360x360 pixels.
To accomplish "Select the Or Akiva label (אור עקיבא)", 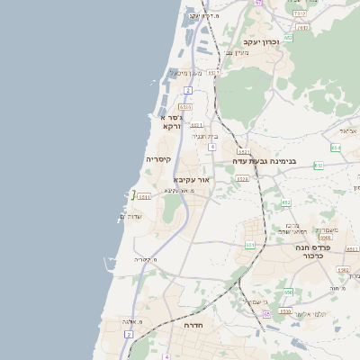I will tap(190, 180).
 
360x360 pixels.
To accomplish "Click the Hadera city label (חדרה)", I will tap(193, 325).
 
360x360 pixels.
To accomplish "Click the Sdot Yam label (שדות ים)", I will tap(131, 217).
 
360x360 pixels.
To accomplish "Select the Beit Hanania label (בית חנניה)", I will tap(200, 136).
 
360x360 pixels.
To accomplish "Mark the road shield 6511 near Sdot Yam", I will tap(143, 195).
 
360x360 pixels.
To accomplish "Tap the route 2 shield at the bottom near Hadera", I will tap(130, 334).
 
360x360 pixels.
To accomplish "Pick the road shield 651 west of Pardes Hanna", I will tap(249, 245).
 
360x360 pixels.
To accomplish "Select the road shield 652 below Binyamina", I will tap(286, 202).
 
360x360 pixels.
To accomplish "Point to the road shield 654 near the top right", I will tap(336, 147).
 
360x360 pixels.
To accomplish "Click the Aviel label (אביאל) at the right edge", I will tap(349, 131).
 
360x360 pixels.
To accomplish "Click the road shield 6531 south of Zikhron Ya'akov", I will tap(213, 72).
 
